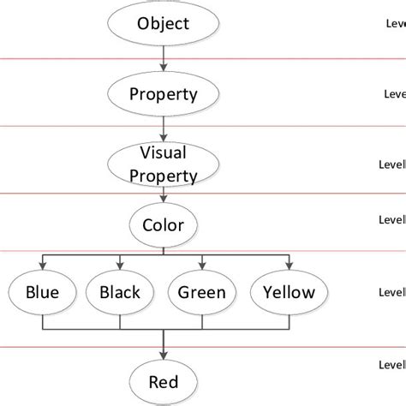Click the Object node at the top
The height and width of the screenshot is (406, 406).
point(162,22)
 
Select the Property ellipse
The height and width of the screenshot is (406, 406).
point(162,93)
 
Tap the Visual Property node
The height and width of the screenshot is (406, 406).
point(162,164)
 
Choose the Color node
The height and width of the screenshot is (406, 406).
point(163,225)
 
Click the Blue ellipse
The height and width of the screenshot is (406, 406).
point(42,293)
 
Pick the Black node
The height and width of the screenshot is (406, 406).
point(121,293)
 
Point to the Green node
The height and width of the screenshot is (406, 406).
point(201,293)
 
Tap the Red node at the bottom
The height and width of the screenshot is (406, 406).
point(163,381)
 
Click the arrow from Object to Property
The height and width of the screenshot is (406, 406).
point(163,57)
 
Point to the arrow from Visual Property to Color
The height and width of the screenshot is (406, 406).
point(163,196)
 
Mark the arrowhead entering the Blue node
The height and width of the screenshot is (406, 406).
point(42,266)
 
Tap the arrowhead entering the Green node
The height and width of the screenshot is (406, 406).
point(201,266)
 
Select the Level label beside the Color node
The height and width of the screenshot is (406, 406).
point(392,219)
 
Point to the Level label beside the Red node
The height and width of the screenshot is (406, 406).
point(392,366)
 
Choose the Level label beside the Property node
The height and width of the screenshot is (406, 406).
point(394,95)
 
